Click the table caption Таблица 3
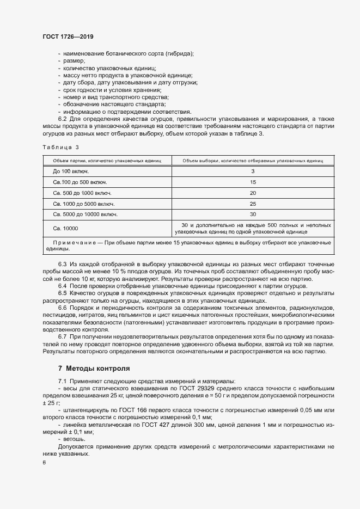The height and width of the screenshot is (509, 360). point(60,147)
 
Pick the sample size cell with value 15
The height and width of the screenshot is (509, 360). point(253,182)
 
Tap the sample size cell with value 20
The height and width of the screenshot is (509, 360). point(253,193)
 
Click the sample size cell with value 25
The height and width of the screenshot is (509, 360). point(253,204)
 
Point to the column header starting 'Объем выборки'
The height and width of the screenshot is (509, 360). point(253,161)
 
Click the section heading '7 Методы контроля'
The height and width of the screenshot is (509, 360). point(94,368)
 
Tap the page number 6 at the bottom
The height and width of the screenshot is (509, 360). point(44,463)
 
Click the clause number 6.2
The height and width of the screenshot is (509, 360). point(62,119)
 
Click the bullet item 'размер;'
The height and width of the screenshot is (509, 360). point(74,61)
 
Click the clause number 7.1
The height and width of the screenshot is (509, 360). point(62,381)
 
